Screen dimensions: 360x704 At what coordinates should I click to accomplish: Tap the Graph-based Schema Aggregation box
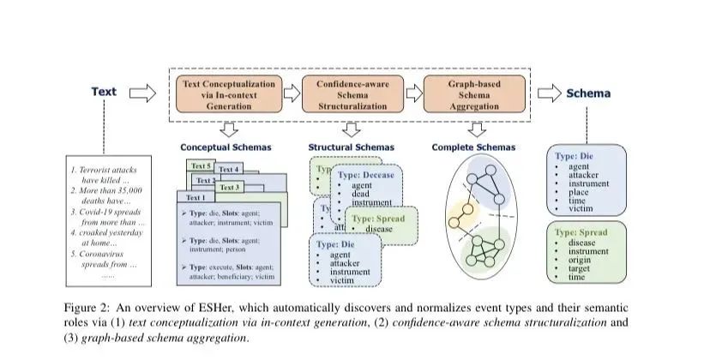click(x=474, y=95)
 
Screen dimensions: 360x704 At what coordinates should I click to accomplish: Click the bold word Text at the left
click(x=104, y=93)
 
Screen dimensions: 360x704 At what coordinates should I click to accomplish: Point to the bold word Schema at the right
click(x=587, y=93)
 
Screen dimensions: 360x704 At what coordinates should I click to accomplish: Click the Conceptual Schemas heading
click(x=226, y=147)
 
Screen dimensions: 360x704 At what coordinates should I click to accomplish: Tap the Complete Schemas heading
click(x=472, y=147)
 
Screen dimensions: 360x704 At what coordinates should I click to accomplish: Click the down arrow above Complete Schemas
click(x=474, y=129)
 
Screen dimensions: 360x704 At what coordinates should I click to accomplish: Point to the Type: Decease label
click(x=366, y=175)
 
